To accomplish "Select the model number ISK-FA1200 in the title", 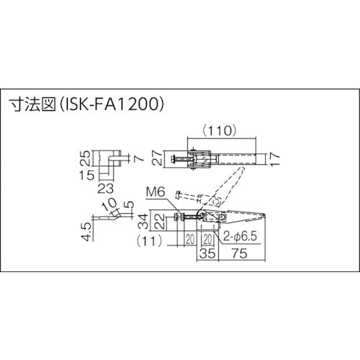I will pyautogui.click(x=108, y=104).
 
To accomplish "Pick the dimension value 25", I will pyautogui.click(x=86, y=157).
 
